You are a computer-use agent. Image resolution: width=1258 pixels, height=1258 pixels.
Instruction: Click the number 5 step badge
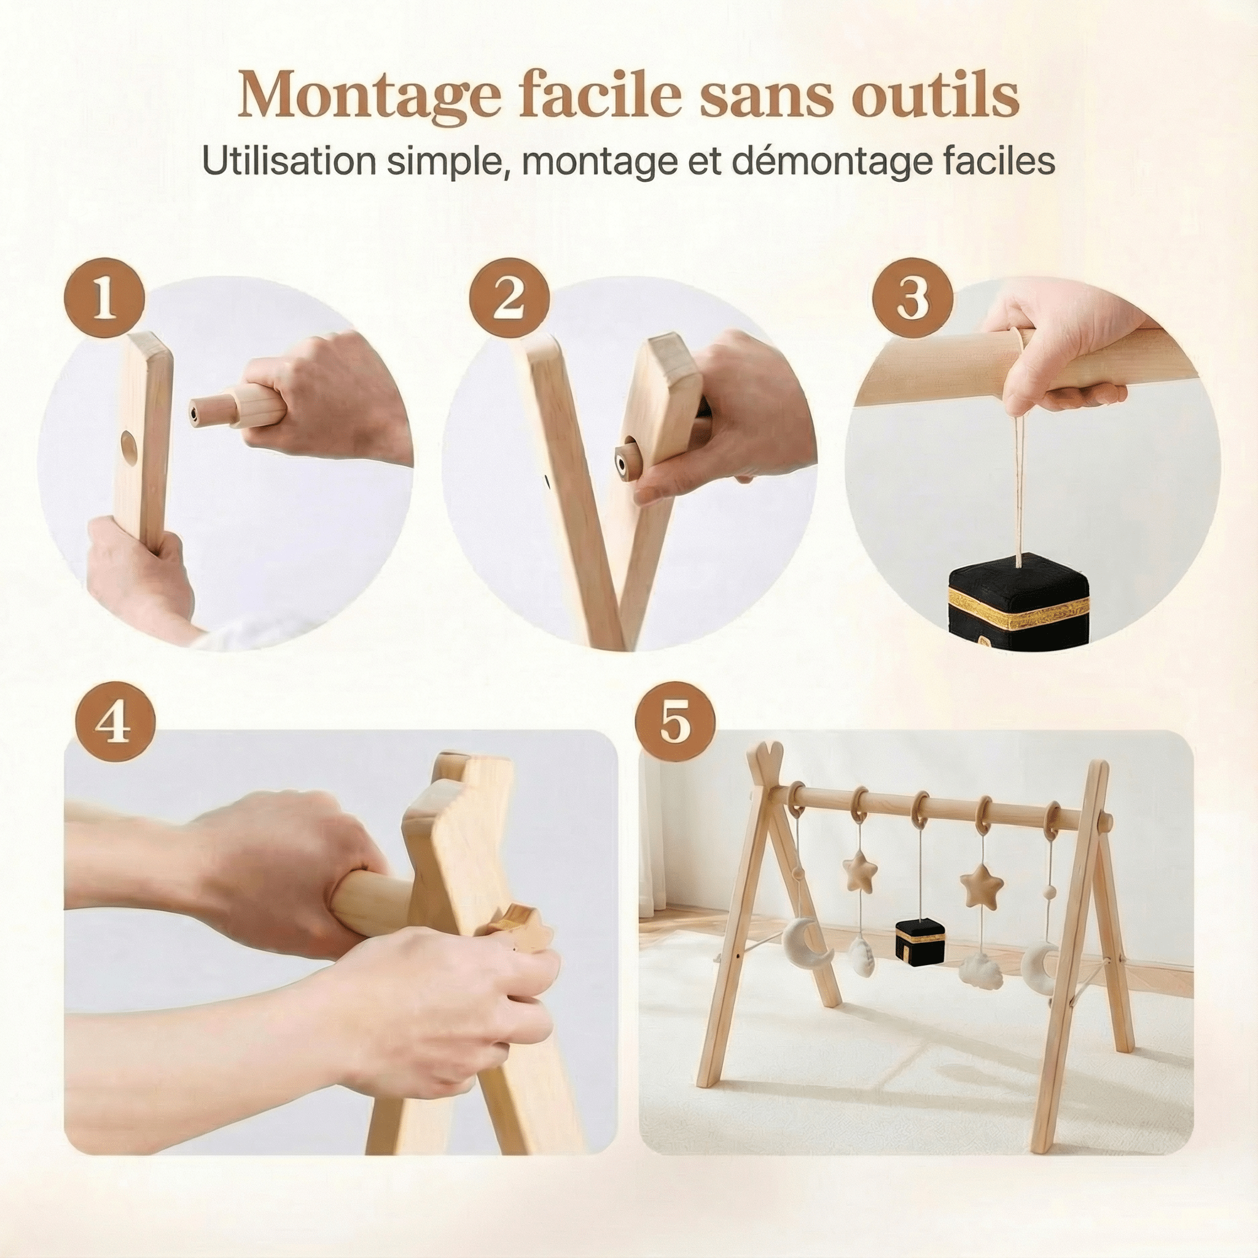coord(675,723)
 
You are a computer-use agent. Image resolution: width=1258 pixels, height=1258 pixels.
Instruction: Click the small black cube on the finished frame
coord(919,940)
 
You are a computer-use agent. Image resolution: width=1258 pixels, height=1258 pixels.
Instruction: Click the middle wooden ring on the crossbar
coord(920,805)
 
